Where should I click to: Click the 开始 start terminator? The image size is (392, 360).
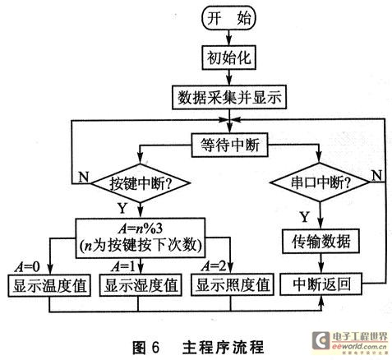coord(228,18)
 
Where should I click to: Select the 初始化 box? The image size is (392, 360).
coord(229,58)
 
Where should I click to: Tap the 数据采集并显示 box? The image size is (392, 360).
coord(229,98)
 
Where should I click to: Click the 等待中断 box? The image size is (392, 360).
coord(229,145)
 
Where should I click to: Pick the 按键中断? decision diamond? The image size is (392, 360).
coord(141,183)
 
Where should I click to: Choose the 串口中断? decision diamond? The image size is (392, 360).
coord(320,182)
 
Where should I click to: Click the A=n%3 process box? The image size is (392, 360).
coord(141,238)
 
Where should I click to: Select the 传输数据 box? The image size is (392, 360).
coord(321,241)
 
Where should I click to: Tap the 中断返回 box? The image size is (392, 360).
coord(321,284)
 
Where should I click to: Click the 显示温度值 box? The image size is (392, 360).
coord(49,285)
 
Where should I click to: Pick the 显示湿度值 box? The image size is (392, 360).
coord(141,285)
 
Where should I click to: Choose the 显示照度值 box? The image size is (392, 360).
coord(233,284)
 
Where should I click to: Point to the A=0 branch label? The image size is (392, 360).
coord(27,267)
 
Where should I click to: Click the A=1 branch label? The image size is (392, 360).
coord(123,266)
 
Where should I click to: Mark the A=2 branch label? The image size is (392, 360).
coord(214,265)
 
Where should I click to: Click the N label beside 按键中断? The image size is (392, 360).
coord(84,177)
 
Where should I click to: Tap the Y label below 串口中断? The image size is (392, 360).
coord(305,217)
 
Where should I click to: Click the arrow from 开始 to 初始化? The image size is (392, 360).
coord(229,38)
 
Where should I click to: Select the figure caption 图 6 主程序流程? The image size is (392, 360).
coord(198,348)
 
